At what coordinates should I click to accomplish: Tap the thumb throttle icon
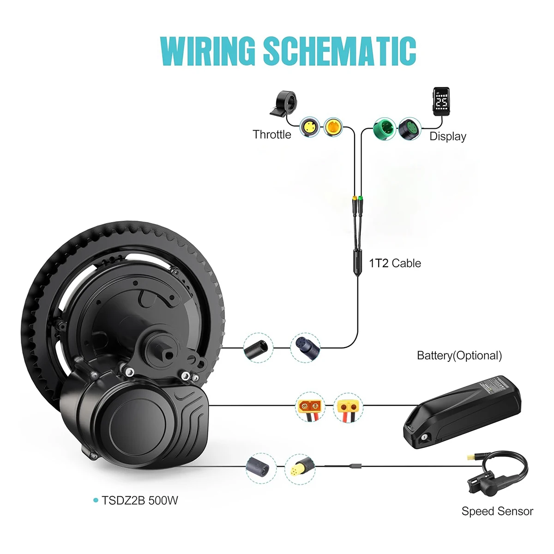point(283,104)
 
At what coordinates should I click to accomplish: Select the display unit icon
point(441,100)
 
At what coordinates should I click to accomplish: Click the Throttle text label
point(272,135)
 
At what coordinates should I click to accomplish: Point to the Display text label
point(448,137)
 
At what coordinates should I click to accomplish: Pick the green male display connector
point(384,128)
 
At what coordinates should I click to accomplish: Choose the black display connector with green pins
point(409,128)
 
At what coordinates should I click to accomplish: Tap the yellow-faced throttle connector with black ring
point(310,126)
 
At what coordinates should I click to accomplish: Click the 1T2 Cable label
point(395,263)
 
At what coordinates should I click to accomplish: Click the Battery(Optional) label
point(459,355)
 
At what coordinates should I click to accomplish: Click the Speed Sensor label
point(497,511)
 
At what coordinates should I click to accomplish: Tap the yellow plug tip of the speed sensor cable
point(472,458)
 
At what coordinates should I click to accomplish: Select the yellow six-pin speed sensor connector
point(299,469)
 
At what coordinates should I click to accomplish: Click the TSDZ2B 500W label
point(140,500)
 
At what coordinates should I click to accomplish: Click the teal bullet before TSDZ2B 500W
point(96,500)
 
